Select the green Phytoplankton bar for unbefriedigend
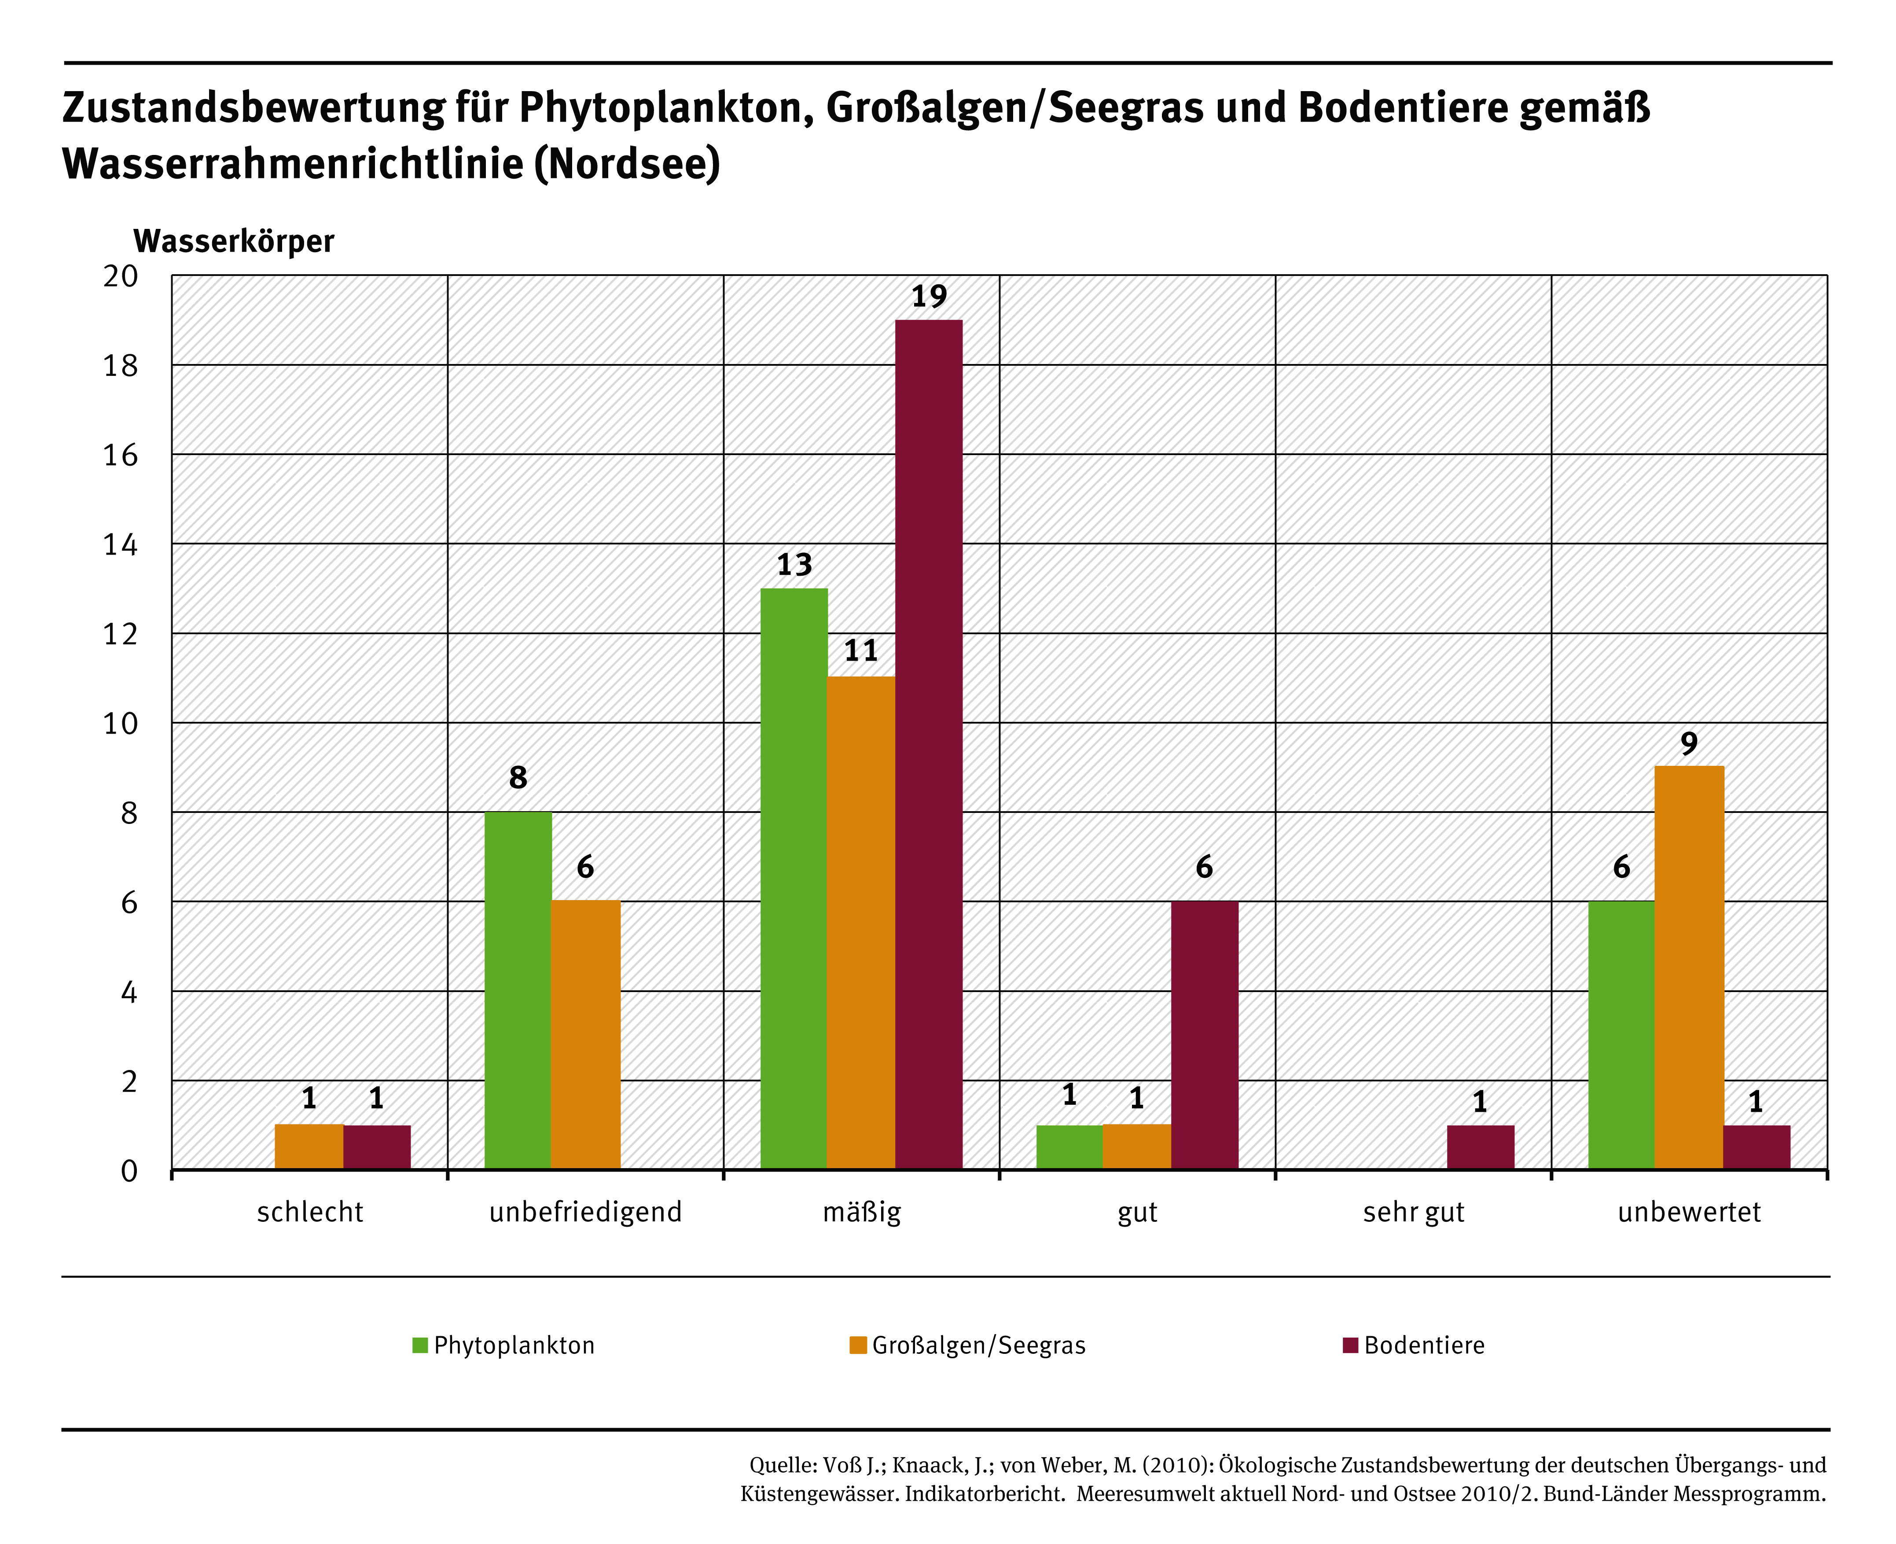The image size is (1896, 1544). point(518,990)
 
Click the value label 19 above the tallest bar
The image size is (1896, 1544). point(929,296)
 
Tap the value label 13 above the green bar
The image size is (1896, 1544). point(794,565)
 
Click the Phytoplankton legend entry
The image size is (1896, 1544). point(504,1345)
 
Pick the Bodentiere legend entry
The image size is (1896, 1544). point(1414,1345)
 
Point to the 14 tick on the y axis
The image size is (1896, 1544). point(121,544)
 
